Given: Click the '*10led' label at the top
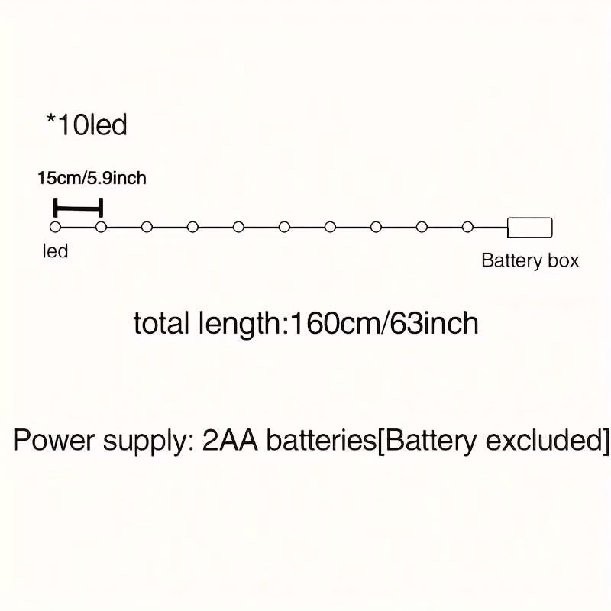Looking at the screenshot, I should pos(86,124).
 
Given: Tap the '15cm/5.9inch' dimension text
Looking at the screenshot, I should pos(91,179).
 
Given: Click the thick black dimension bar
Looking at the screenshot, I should pos(78,207).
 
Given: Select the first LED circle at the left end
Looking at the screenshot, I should pos(55,227).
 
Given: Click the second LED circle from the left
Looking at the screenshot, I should pos(101,227).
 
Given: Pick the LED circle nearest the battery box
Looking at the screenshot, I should pos(467,227).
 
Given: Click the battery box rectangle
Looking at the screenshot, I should pos(529,227).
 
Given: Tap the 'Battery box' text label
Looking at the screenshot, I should pos(530,260).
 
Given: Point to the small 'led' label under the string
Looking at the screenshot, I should pos(55,251).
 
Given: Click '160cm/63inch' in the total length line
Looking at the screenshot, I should pos(382,323).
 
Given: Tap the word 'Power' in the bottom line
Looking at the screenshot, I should pos(50,441).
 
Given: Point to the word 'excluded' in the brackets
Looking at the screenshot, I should pos(543,441).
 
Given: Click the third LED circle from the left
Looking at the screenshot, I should pos(147,227).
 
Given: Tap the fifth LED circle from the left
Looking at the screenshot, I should pos(238,227).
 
